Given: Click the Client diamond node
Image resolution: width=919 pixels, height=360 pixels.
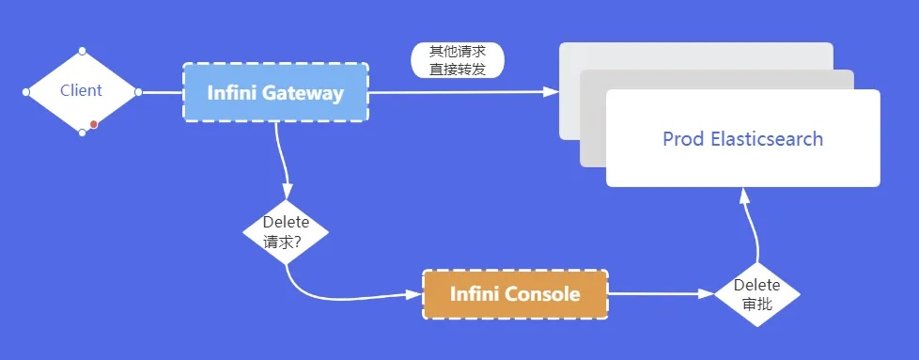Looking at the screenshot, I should (82, 91).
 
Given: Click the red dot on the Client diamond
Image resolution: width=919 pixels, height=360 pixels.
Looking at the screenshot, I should (94, 124).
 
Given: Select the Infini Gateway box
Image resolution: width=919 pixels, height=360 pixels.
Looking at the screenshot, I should (274, 92).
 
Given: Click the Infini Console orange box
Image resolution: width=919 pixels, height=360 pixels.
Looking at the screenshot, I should (515, 294).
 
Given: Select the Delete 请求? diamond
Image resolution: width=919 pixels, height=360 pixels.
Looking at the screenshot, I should (286, 231).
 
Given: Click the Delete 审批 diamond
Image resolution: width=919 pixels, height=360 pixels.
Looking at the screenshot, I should (756, 293).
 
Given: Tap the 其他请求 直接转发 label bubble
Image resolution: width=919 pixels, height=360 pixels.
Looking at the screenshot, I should (458, 59).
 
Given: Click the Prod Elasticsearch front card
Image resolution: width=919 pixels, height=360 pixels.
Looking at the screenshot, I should (742, 139).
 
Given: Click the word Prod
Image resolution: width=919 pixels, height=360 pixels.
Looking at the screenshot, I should (683, 139).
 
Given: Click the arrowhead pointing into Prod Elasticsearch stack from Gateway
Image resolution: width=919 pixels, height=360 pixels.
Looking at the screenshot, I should (551, 91).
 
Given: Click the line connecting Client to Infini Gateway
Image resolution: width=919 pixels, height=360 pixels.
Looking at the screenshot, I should (160, 92).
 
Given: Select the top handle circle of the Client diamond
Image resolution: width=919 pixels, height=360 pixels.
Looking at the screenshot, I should (83, 50).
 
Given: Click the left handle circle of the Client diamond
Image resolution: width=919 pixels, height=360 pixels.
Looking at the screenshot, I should (26, 92).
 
